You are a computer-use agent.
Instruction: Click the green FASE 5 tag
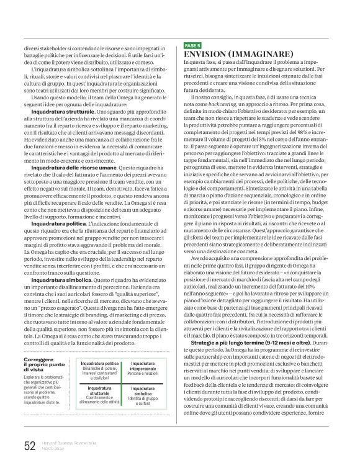(x=193, y=45)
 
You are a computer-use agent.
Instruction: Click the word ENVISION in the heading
(x=208, y=54)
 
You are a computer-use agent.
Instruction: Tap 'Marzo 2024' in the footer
(x=52, y=449)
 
